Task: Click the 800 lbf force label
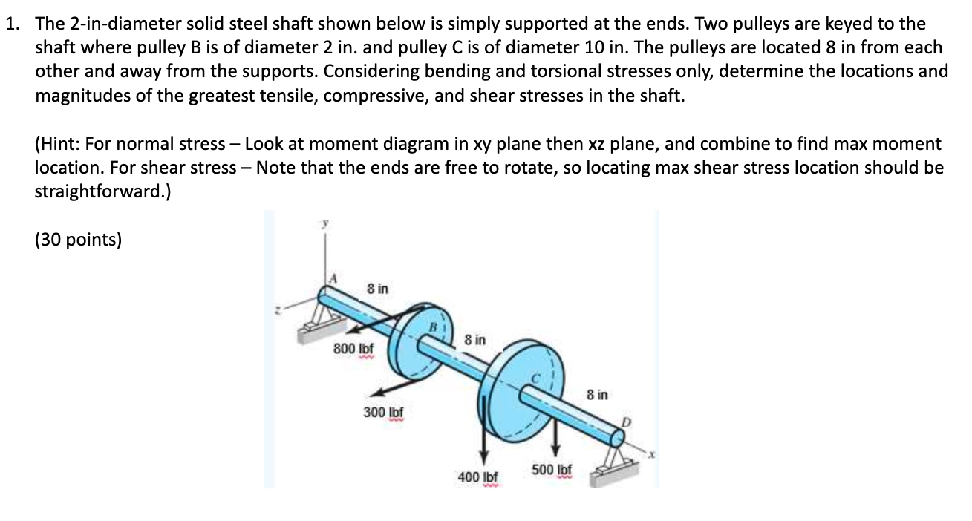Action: point(353,347)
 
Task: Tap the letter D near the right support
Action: point(625,421)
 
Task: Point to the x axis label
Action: point(649,453)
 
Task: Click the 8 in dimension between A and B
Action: point(377,287)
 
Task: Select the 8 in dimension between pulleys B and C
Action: point(474,340)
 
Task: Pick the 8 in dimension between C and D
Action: point(596,395)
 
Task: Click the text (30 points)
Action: point(78,240)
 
